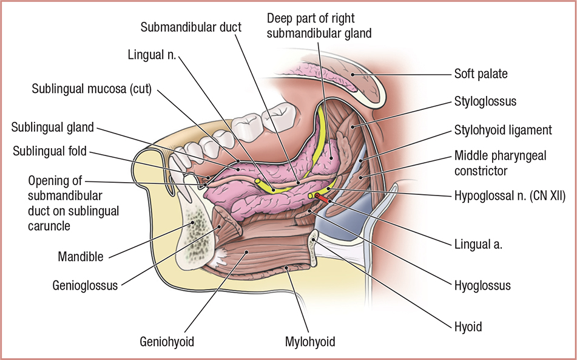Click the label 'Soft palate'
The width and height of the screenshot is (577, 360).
coord(481,74)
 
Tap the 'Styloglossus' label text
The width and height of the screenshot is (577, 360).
coord(485,101)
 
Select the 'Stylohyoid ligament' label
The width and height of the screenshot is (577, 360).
coord(502,129)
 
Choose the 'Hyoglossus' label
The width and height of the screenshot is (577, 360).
coord(482,285)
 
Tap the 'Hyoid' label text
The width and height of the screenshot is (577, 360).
coord(468,327)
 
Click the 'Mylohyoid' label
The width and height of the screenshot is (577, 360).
coord(309,342)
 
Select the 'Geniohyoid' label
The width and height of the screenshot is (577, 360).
coord(166,342)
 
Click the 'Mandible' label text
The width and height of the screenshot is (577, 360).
coord(81,255)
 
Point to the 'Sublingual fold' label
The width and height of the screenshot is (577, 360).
coord(50,150)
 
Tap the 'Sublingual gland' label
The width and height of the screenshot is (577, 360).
coord(52,127)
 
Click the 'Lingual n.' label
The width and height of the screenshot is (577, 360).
coord(152,54)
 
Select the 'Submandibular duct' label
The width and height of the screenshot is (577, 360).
coord(191,27)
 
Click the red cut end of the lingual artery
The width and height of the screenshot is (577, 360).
coord(322,197)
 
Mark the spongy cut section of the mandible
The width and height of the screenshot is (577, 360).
coord(196,231)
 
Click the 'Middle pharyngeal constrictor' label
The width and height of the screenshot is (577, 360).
coord(500,163)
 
